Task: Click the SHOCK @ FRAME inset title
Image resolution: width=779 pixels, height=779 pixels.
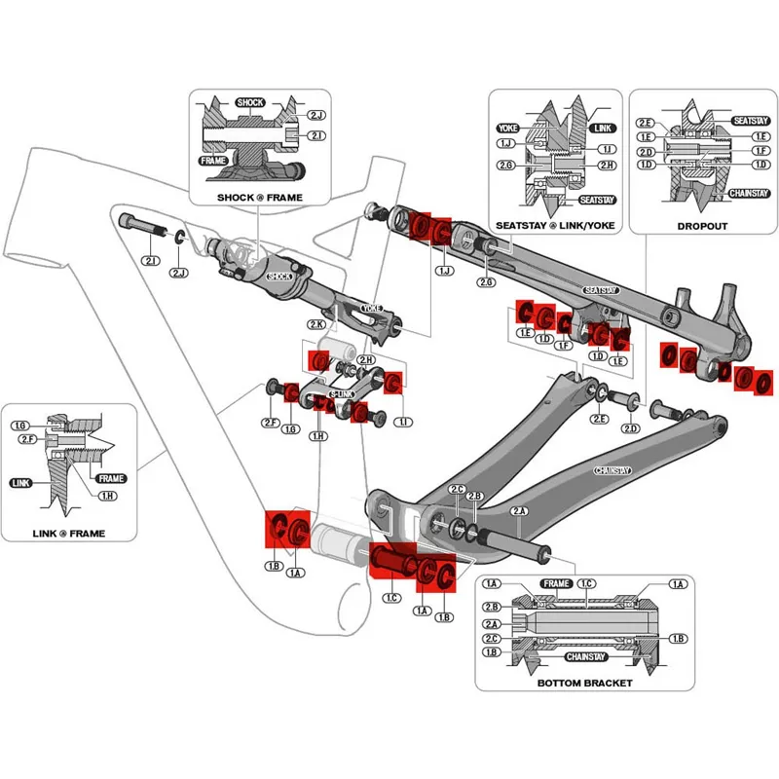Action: click(x=260, y=199)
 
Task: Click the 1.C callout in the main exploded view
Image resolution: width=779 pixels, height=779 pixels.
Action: click(x=391, y=597)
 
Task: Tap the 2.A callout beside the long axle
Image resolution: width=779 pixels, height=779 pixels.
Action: click(x=518, y=511)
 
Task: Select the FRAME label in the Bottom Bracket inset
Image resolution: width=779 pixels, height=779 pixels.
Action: click(x=557, y=583)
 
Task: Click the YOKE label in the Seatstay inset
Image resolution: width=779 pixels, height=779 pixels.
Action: click(x=506, y=129)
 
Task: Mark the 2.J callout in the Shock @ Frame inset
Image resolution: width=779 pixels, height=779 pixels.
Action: click(x=316, y=116)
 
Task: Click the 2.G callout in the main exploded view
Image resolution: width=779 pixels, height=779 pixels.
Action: click(x=485, y=281)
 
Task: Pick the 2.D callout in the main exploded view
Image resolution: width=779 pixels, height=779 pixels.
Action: click(x=630, y=428)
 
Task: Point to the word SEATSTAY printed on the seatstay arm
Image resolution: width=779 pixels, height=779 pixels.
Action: click(x=602, y=290)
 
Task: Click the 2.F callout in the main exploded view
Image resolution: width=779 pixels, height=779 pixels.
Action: click(x=270, y=423)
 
